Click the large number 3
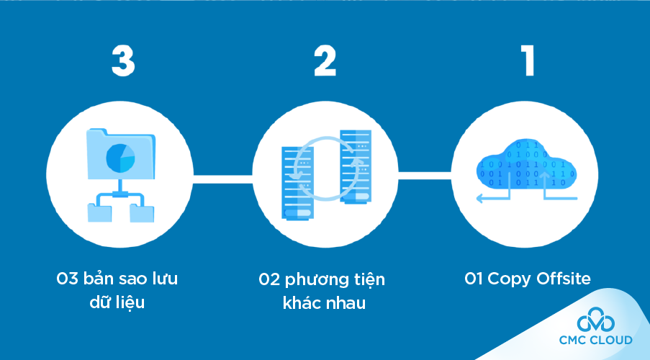[x=123, y=61]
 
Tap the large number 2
[x=325, y=61]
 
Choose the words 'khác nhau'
[x=324, y=303]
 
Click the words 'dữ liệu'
[x=119, y=302]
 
